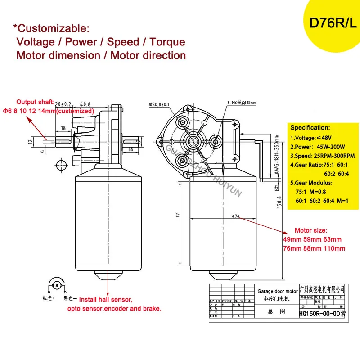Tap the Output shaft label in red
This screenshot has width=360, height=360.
click(x=36, y=102)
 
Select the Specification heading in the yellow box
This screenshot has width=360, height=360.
click(x=310, y=128)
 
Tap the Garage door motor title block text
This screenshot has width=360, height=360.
click(x=278, y=292)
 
